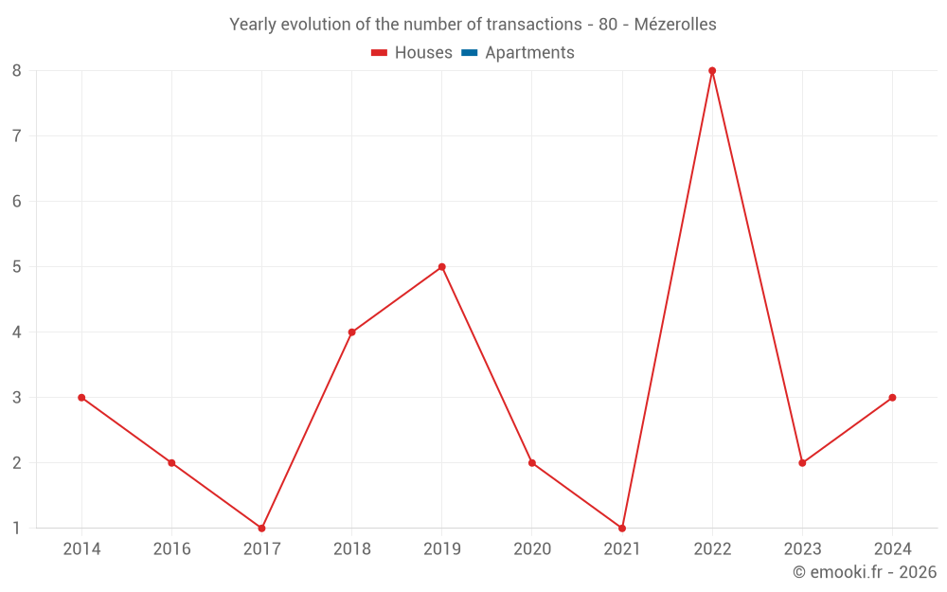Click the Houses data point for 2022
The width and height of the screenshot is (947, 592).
pos(712,71)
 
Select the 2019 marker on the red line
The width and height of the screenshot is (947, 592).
pos(441,267)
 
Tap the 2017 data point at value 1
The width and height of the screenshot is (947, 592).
pos(261,528)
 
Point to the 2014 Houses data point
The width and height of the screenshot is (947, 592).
pos(81,398)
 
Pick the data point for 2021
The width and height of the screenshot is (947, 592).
pos(622,528)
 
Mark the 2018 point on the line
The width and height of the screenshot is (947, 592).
pos(351,332)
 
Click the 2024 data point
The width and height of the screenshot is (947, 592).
pos(892,398)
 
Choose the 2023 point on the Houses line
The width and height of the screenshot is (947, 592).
pos(802,463)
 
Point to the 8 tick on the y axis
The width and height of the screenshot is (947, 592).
pos(17,71)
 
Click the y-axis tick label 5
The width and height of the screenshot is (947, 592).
pos(17,267)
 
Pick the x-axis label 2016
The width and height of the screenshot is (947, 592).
pos(171,548)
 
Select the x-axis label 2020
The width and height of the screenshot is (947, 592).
pos(531,548)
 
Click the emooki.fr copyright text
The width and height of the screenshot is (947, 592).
pos(864,572)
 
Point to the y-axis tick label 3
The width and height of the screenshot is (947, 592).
pos(17,398)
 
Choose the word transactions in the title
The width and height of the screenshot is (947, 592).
pos(529,25)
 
